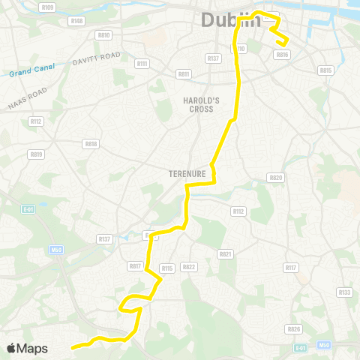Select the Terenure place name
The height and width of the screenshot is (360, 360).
[x=187, y=173]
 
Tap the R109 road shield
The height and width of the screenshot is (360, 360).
[x=49, y=7]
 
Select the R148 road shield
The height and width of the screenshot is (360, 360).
[x=76, y=21]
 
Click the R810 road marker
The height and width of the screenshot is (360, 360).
[x=103, y=34]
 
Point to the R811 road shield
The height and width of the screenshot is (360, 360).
[x=184, y=74]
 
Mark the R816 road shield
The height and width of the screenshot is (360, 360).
[x=282, y=54]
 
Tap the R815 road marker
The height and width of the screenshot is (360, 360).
[x=325, y=70]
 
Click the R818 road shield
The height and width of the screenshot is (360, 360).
[x=91, y=143]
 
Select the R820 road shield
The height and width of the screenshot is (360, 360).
[x=275, y=178]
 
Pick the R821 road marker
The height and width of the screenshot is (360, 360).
[x=225, y=254]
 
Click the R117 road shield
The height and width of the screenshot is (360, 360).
[x=292, y=268]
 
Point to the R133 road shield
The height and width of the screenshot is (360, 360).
[x=344, y=292]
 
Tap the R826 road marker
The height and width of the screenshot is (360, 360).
[x=294, y=328]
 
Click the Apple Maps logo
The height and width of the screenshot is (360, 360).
[x=27, y=348]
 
